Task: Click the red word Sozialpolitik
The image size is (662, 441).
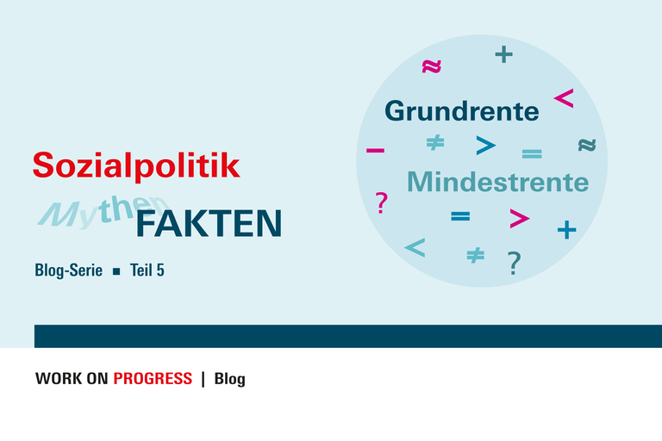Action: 136,165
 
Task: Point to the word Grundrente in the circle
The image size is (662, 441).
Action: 461,111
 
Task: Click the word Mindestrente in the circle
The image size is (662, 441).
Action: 497,183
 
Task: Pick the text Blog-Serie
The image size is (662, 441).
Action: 68,270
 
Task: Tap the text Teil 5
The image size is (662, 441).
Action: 147,270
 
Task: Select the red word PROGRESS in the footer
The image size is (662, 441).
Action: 153,379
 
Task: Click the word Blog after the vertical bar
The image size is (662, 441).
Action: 229,379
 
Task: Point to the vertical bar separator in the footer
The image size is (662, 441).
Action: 203,379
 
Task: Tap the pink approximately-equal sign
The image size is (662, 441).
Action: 431,66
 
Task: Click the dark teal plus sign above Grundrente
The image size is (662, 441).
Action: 503,55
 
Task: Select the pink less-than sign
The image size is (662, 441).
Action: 564,98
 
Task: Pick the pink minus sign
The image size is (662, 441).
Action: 375,152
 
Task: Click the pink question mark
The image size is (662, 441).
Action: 382,203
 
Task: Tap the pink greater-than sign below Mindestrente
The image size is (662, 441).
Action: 519,219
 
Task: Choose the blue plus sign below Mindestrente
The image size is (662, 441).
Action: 566,230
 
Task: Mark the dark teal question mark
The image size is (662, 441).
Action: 514,263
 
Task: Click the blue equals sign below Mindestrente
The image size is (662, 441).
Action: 460,217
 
